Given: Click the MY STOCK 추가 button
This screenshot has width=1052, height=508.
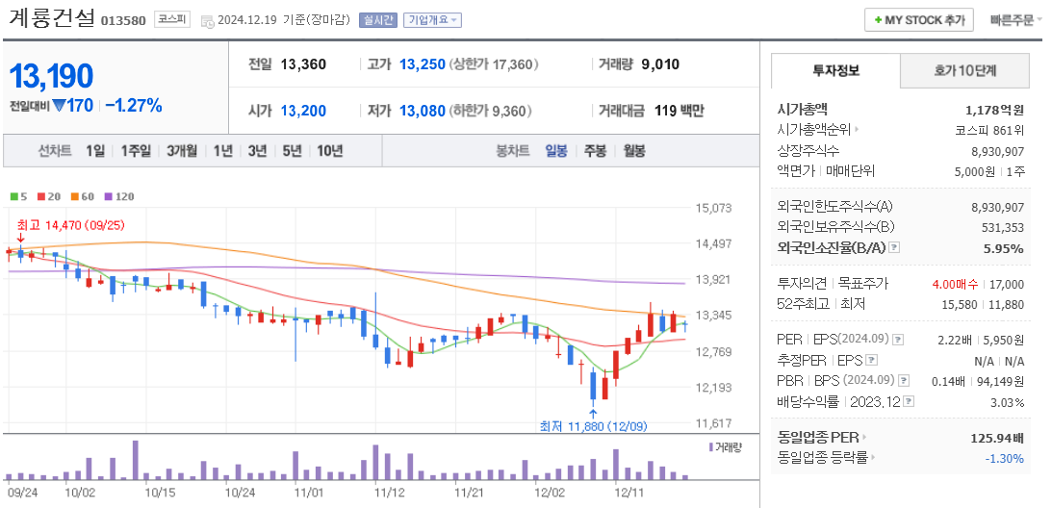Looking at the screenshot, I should click(919, 19).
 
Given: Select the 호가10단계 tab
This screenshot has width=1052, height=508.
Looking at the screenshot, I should click(964, 71).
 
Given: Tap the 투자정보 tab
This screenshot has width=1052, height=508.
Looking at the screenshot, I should click(835, 71).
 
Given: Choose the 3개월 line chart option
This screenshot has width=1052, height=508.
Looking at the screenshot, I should click(181, 151).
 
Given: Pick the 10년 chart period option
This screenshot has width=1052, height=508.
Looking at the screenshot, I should click(329, 151).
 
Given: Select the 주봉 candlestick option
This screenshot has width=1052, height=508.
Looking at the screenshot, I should click(595, 151).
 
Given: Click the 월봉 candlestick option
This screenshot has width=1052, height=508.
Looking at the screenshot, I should click(633, 151).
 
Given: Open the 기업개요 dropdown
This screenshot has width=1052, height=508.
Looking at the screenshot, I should click(432, 19).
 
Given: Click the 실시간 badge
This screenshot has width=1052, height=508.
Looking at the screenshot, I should click(376, 19).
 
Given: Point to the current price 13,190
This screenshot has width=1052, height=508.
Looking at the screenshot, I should click(52, 76).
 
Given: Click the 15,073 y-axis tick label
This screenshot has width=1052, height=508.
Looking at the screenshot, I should click(713, 208).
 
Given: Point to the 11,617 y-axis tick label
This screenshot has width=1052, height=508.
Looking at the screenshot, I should click(713, 423).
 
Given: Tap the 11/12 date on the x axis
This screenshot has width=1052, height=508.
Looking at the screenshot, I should click(390, 493).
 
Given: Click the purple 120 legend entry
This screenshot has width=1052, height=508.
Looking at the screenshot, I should click(120, 196).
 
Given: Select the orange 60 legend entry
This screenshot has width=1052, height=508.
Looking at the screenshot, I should click(83, 196).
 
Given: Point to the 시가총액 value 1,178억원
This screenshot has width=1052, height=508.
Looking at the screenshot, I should click(994, 111).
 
